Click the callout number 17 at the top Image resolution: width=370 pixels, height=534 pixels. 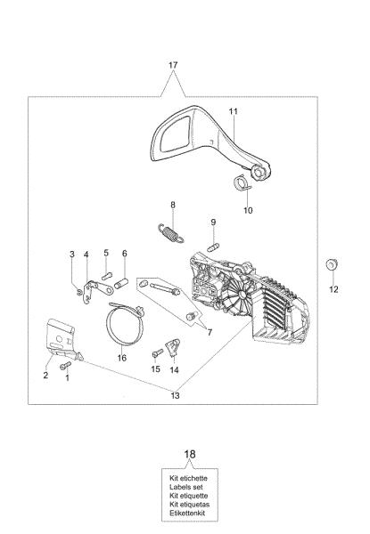point(173,65)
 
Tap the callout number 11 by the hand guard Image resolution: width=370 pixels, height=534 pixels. point(234,111)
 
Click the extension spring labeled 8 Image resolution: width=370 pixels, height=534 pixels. point(171,233)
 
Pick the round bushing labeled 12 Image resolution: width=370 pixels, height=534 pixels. point(331,265)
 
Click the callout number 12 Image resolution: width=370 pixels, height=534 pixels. point(333,289)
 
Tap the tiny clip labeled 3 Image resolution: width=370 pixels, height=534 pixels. point(79,292)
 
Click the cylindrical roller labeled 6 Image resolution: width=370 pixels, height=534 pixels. point(120,283)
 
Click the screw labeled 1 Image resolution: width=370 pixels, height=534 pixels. point(65,366)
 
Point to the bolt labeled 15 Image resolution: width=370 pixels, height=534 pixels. point(158,353)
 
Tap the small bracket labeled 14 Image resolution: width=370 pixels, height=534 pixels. point(173,347)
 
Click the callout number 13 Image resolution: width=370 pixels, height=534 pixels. point(175,396)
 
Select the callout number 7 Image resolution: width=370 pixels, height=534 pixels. point(210,332)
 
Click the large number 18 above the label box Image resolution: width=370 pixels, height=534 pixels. point(190,454)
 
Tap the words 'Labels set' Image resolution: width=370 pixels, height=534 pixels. point(186,487)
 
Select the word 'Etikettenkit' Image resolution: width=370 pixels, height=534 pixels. point(187,514)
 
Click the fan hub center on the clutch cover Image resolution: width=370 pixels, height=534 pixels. point(242,295)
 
